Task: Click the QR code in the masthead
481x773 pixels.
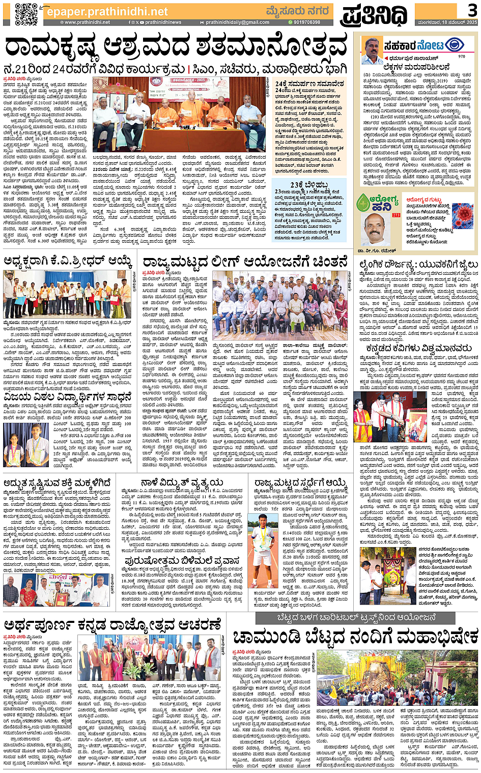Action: [x=26, y=14]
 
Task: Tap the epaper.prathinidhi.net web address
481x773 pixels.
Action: [x=107, y=12]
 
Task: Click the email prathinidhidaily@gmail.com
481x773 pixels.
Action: [x=237, y=22]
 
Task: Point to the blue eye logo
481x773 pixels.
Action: [x=454, y=45]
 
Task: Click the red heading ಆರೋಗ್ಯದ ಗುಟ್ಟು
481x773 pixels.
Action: [x=423, y=199]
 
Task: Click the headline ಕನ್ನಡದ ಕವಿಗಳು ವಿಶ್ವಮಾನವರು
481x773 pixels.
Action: [x=418, y=349]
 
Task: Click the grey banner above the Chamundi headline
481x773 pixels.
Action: [x=356, y=617]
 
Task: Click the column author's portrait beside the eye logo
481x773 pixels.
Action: [x=373, y=50]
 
